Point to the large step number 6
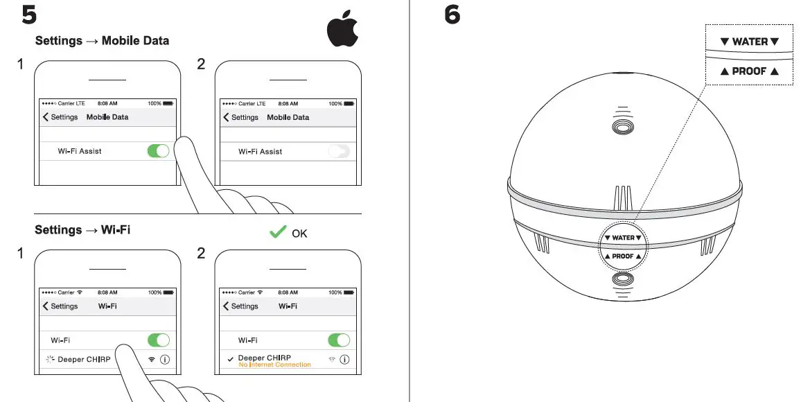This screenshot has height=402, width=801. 452,15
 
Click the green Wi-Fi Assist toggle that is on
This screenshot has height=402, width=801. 158,151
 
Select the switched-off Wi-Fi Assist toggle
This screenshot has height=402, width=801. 339,151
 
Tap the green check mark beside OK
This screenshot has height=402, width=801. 278,232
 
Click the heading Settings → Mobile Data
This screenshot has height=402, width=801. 102,41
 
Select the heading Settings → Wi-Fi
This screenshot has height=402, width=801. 82,229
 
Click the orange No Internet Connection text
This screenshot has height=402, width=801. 274,365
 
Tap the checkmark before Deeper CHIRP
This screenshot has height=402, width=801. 229,359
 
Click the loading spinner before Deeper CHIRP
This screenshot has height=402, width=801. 49,359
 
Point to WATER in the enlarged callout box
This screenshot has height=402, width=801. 750,42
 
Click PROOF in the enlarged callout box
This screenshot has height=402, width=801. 749,71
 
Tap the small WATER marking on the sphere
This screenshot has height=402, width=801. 623,238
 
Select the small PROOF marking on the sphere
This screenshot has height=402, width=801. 623,256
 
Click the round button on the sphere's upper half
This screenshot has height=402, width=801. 622,127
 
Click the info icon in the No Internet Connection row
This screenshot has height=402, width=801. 344,360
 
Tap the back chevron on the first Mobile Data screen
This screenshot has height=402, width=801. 46,117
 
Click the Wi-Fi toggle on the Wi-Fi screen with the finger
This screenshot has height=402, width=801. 158,340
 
